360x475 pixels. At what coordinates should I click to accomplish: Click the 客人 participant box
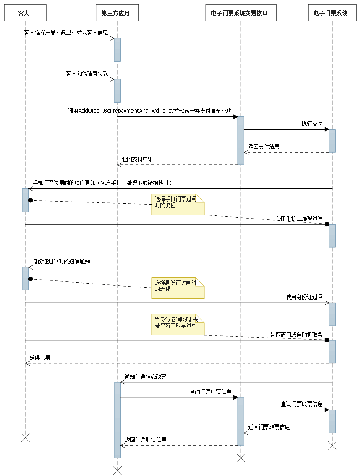click(25, 14)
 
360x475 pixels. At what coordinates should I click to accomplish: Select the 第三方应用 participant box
click(117, 14)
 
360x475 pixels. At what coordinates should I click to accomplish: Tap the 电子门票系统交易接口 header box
click(240, 14)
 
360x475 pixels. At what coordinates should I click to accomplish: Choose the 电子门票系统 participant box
click(332, 14)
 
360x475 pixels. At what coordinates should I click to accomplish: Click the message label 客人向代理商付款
click(87, 73)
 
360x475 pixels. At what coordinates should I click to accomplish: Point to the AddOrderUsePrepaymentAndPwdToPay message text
click(150, 111)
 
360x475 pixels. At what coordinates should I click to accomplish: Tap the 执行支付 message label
click(312, 123)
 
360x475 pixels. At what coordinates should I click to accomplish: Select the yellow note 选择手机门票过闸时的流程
click(178, 204)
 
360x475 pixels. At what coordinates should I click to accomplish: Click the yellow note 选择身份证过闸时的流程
click(178, 287)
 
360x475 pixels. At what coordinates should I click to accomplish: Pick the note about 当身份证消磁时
click(178, 325)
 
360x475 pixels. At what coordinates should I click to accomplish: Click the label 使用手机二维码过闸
click(299, 218)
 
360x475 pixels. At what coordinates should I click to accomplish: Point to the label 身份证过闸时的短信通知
click(62, 261)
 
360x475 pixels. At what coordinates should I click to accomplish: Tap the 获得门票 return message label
click(40, 357)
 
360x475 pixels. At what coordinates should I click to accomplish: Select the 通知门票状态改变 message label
click(145, 376)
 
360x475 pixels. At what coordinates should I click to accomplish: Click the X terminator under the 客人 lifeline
click(25, 438)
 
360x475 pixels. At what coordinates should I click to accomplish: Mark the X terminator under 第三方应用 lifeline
click(117, 470)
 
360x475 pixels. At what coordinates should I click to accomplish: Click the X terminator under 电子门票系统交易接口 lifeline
click(241, 458)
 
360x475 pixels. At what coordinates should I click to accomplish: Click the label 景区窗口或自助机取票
click(296, 335)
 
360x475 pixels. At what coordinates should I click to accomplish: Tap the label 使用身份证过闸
click(304, 297)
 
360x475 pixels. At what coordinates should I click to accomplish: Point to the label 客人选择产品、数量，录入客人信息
click(66, 32)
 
